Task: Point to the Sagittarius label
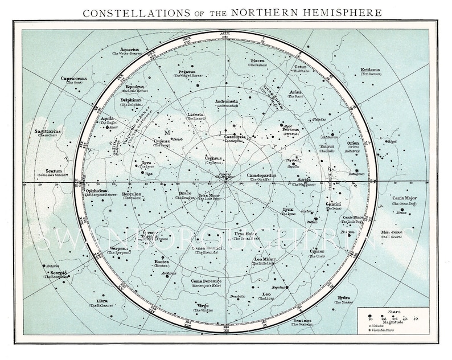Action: coord(47,132)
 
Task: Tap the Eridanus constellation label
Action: coord(373,71)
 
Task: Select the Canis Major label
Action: coord(404,198)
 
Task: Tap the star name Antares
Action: coord(52,265)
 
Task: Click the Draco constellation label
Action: coord(185,193)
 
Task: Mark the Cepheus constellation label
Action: coord(212,159)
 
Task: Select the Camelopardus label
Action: coord(261,175)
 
